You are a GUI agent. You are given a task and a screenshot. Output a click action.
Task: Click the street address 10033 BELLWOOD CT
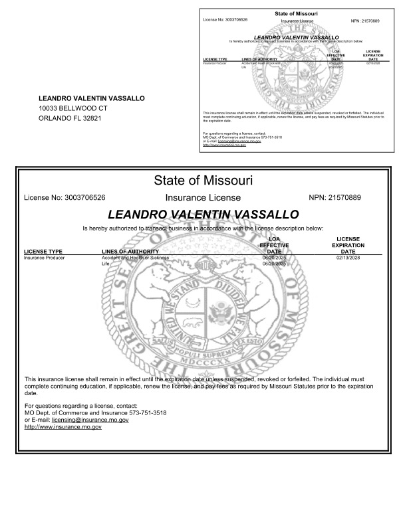pyautogui.click(x=72, y=108)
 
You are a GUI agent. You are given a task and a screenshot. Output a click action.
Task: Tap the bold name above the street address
pyautogui.click(x=91, y=98)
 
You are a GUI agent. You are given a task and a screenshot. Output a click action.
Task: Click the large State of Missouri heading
pyautogui.click(x=203, y=180)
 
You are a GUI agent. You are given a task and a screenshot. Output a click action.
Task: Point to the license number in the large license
pyautogui.click(x=65, y=198)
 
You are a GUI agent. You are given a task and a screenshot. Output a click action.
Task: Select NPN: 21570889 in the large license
pyautogui.click(x=335, y=198)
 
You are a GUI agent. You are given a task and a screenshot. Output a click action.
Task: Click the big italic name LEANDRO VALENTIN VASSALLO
pyautogui.click(x=203, y=214)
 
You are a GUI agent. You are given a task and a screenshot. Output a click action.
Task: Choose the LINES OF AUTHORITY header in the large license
pyautogui.click(x=130, y=252)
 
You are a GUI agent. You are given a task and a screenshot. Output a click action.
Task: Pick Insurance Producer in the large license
pyautogui.click(x=45, y=257)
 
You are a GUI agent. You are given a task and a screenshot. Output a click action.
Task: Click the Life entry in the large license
pyautogui.click(x=104, y=264)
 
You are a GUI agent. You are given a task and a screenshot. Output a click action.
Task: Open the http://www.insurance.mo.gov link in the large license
pyautogui.click(x=63, y=428)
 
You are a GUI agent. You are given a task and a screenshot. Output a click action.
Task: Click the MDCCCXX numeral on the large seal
pyautogui.click(x=203, y=364)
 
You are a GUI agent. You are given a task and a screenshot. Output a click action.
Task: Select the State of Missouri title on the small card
pyautogui.click(x=296, y=13)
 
